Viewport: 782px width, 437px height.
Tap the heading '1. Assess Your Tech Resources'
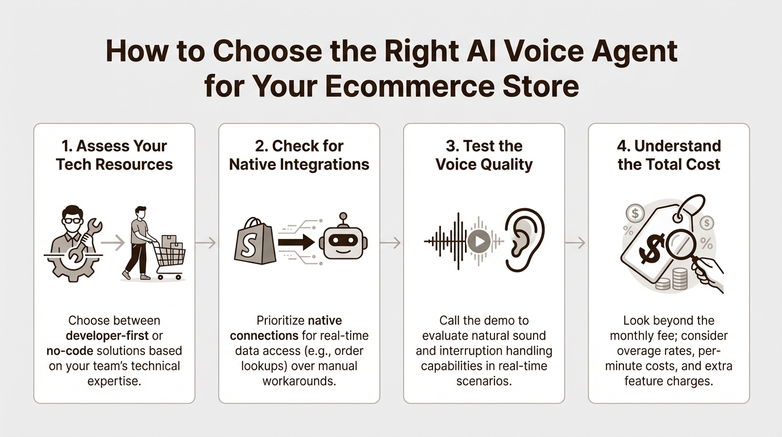(x=114, y=155)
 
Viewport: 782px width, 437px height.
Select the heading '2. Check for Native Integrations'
(x=299, y=155)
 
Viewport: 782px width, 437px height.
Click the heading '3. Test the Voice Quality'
(x=484, y=155)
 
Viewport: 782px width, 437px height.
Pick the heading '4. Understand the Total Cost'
(x=669, y=155)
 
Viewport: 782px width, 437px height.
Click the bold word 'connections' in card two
(x=269, y=335)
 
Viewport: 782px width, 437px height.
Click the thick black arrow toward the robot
(x=296, y=243)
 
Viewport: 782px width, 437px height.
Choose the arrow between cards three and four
(x=576, y=243)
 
